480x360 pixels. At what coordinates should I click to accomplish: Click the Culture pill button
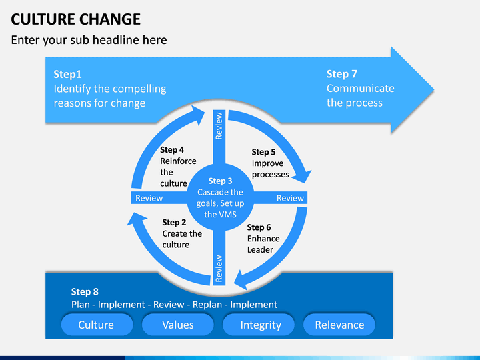coord(97,325)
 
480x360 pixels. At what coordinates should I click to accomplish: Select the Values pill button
coord(178,325)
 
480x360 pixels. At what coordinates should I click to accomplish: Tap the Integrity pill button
coord(259,325)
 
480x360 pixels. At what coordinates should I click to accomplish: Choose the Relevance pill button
coord(339,325)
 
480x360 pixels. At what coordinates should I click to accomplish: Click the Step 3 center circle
coord(220,197)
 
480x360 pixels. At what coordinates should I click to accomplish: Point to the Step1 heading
coord(67,74)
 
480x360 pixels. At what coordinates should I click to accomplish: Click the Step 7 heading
coord(341,74)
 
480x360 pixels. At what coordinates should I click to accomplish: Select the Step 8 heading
coord(85,291)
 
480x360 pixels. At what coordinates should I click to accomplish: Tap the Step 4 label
coord(172,150)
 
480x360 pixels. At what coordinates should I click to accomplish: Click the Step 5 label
coord(263,152)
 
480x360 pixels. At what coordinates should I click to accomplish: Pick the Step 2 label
coord(174,222)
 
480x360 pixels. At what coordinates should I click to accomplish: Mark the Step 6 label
coord(259,227)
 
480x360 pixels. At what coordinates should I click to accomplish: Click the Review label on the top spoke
coord(219,126)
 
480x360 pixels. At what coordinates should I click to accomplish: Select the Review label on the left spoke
coord(149,198)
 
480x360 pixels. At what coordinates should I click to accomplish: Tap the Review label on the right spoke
coord(290,198)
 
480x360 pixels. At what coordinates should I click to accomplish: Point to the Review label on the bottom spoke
coord(219,269)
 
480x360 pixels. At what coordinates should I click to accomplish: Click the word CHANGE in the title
coord(110,19)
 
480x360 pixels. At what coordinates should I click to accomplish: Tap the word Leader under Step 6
coord(260,249)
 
